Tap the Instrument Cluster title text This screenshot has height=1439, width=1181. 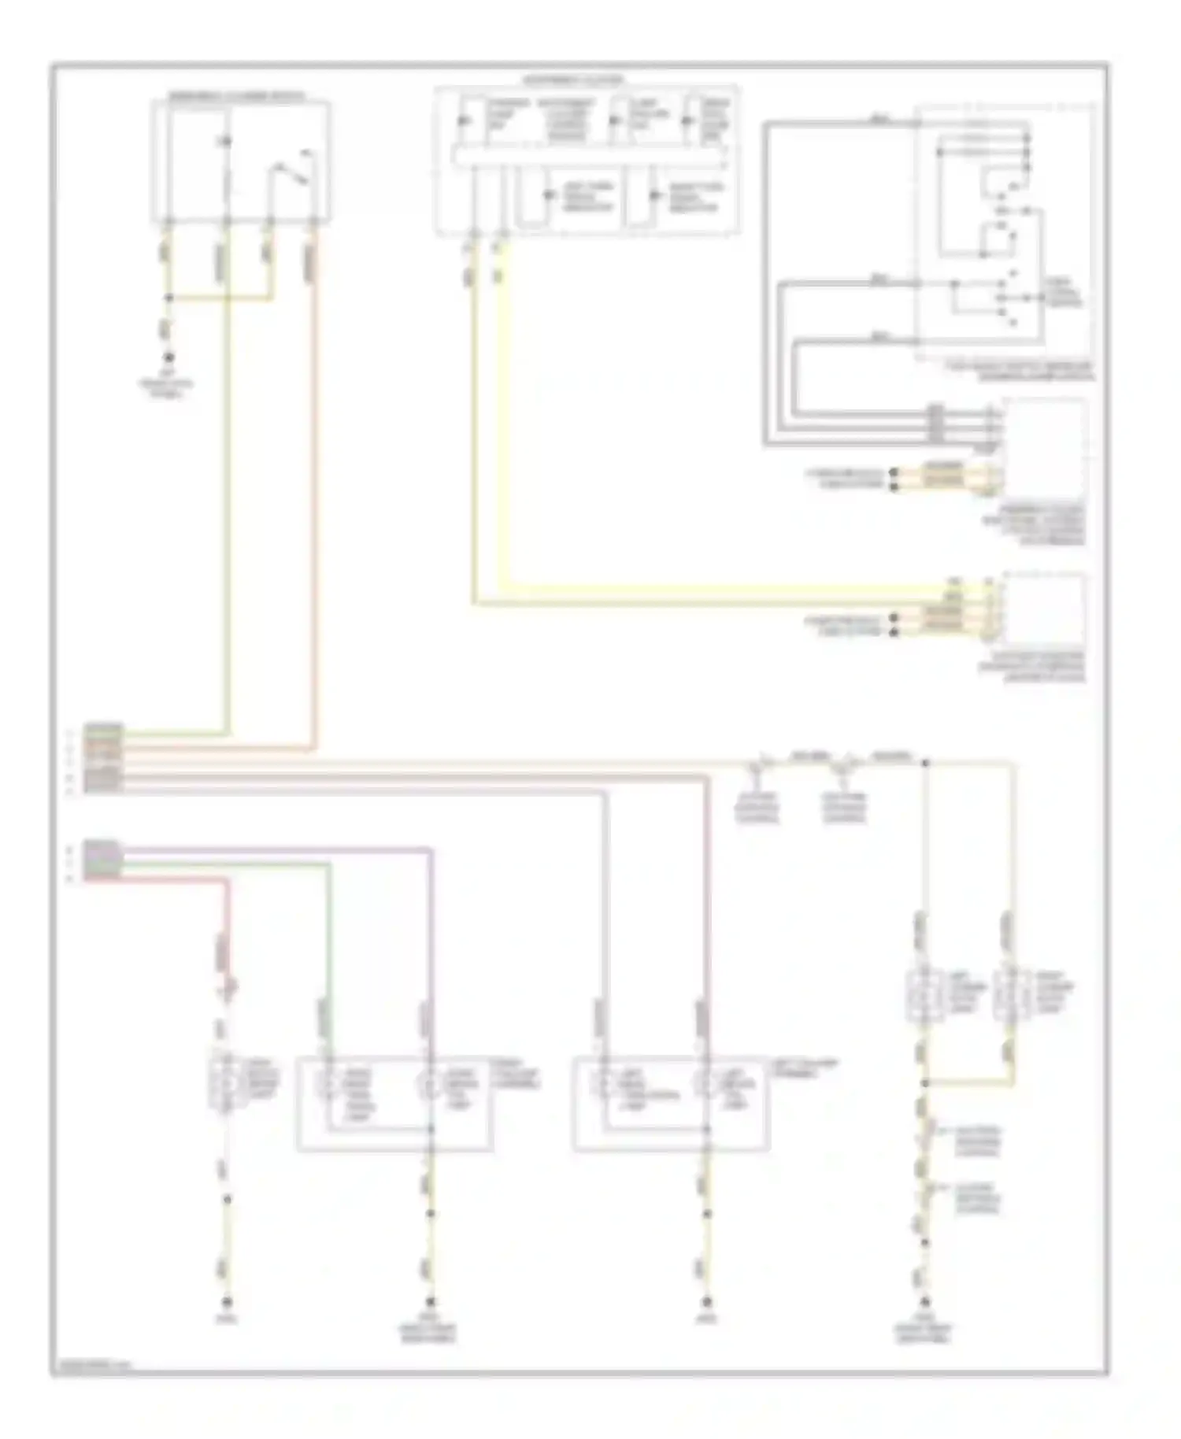pyautogui.click(x=574, y=80)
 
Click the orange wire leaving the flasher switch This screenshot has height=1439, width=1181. pyautogui.click(x=315, y=472)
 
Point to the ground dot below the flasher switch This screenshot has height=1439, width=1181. pyautogui.click(x=168, y=357)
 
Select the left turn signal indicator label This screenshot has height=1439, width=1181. pyautogui.click(x=587, y=197)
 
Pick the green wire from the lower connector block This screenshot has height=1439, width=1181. pyautogui.click(x=236, y=864)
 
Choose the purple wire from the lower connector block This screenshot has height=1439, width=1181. pyautogui.click(x=276, y=849)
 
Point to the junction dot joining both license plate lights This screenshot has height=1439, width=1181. pyautogui.click(x=926, y=1084)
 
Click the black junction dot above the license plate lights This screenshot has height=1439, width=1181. pyautogui.click(x=926, y=763)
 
